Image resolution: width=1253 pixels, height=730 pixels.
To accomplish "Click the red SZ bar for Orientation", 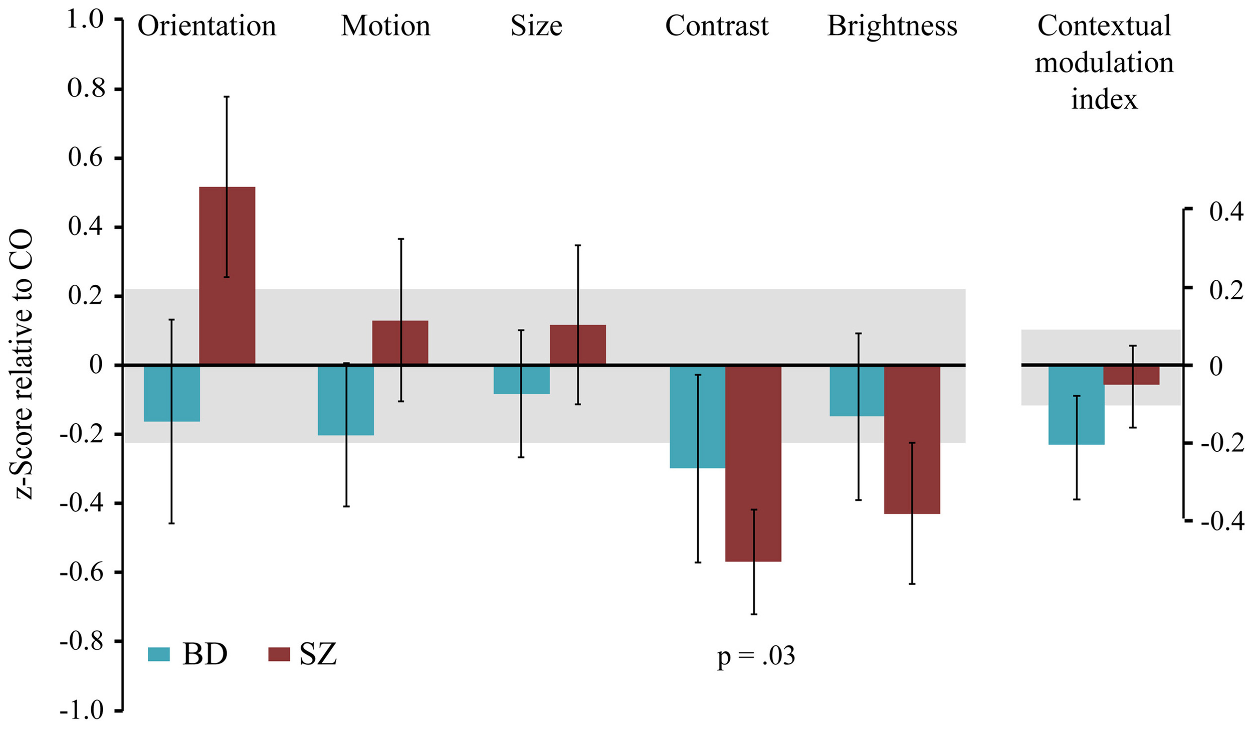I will pos(227,276).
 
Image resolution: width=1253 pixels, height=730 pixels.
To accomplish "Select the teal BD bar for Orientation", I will pos(172,394).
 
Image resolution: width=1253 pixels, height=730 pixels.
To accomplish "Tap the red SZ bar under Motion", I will pos(400,342).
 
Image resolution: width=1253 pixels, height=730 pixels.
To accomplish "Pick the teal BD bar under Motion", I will pos(346,400).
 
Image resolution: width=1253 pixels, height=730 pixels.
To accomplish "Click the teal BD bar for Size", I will pos(521,380).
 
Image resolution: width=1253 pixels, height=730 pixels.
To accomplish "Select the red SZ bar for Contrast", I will pos(753,464).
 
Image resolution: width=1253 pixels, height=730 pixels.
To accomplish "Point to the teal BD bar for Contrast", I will pos(698,417).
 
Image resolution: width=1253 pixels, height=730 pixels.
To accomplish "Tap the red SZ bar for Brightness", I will pos(912,440).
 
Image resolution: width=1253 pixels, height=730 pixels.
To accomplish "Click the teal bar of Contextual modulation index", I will pos(1076,405).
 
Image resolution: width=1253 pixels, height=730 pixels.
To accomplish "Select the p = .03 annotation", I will pos(756,656).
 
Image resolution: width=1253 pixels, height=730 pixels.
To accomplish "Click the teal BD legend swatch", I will pos(159,654).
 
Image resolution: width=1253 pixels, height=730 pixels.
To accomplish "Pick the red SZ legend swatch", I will pos(279,654).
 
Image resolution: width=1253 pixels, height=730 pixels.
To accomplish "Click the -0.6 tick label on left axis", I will pos(83,573).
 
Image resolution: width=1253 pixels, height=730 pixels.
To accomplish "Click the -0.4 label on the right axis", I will pos(1220,521).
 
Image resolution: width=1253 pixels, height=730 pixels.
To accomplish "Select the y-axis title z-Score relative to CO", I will pos(24,364).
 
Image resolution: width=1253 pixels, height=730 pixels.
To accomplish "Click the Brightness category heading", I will pos(892,26).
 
